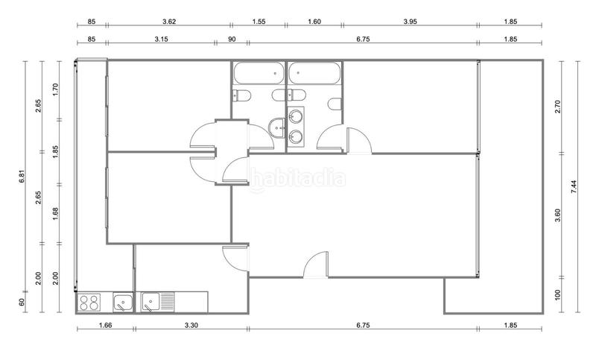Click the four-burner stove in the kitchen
[89, 303]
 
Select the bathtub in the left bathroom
[257, 75]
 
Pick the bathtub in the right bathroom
[314, 75]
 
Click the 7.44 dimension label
[573, 186]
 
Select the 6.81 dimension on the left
[23, 177]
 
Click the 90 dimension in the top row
[232, 39]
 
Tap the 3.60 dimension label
[558, 216]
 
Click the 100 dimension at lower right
[558, 296]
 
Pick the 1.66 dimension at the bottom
[105, 325]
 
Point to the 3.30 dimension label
[191, 325]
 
